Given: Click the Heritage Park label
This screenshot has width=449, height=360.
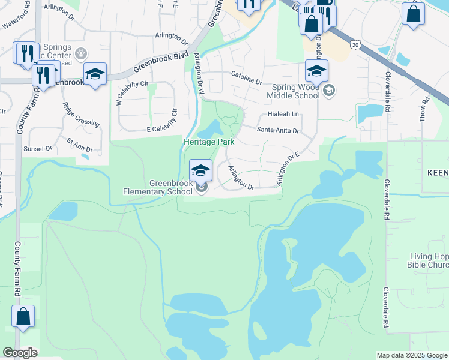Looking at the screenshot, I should [x=208, y=142].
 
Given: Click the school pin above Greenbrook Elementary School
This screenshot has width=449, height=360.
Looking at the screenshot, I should [x=201, y=170].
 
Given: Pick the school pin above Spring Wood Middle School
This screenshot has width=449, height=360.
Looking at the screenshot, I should [x=316, y=71].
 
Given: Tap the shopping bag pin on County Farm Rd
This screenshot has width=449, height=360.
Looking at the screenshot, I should [x=23, y=317].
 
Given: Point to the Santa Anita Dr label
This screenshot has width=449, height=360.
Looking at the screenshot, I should [x=277, y=130].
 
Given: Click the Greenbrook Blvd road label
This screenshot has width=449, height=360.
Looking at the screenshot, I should [x=157, y=61].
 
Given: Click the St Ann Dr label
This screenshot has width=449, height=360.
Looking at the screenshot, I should [x=80, y=146].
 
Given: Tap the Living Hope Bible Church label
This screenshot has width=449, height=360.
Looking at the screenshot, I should [x=424, y=260].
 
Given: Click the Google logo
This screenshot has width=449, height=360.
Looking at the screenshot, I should [x=20, y=353].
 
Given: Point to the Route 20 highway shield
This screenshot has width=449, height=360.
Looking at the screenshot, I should [x=357, y=45].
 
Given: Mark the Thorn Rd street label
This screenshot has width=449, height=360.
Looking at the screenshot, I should [x=424, y=108].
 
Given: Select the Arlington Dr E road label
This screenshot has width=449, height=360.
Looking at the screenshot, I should [x=287, y=169].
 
